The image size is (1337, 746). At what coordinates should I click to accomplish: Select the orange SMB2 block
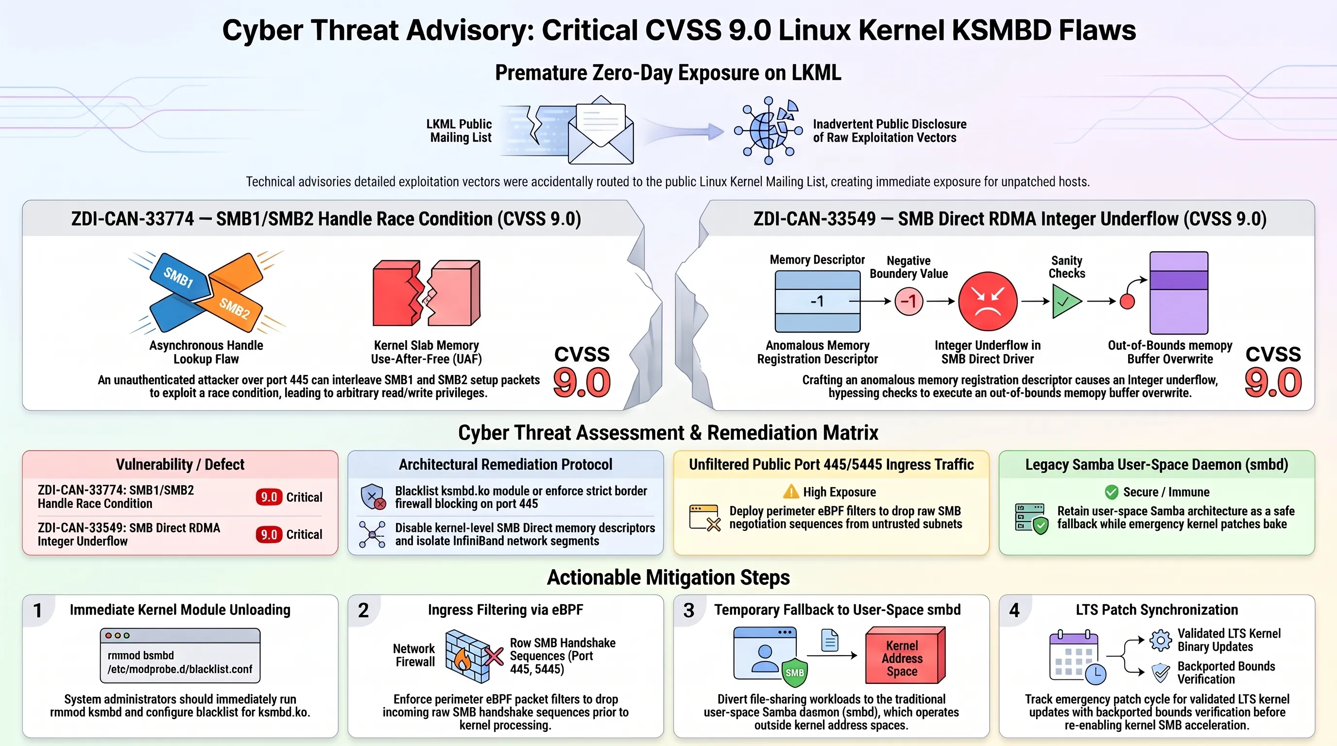(x=235, y=307)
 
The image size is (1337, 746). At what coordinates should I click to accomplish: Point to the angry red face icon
(x=988, y=301)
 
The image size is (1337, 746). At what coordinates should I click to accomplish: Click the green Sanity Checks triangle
(x=1066, y=302)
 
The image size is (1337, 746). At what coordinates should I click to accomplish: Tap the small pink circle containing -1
(x=909, y=301)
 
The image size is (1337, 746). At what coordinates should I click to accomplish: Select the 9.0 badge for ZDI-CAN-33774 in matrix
(x=269, y=497)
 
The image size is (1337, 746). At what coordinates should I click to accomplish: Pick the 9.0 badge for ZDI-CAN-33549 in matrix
(x=269, y=534)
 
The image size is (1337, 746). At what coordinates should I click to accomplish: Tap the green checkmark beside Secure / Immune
(x=1112, y=492)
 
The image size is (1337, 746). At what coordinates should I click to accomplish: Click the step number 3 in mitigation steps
(x=689, y=610)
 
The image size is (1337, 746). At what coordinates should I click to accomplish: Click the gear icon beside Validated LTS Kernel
(x=1161, y=640)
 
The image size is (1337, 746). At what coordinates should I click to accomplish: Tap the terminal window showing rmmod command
(x=180, y=655)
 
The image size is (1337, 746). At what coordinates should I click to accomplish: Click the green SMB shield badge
(x=795, y=672)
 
